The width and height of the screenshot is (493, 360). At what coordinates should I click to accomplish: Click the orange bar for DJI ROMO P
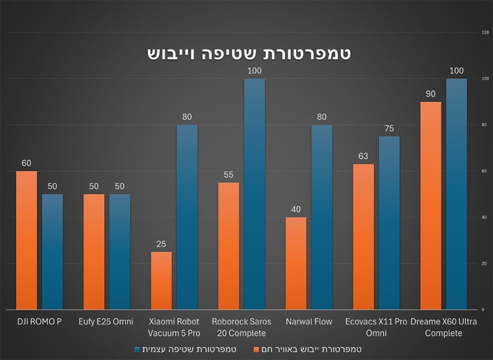(27, 240)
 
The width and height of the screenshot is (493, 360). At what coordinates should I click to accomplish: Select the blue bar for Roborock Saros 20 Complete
(254, 194)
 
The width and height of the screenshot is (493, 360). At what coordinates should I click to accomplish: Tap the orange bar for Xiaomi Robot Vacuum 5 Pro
(161, 280)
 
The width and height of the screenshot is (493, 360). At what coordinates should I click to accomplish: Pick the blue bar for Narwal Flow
(321, 217)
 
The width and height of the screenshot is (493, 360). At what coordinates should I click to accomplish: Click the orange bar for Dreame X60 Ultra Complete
(430, 206)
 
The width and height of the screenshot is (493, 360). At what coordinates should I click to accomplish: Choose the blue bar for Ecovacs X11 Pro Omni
(389, 223)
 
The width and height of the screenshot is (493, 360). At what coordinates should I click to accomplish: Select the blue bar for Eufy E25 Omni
(120, 252)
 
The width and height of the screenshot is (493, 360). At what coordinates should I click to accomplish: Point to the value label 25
(161, 244)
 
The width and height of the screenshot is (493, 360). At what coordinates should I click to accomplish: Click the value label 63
(362, 156)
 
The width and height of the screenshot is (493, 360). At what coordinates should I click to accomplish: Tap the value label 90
(430, 93)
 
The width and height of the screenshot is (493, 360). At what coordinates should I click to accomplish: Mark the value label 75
(389, 129)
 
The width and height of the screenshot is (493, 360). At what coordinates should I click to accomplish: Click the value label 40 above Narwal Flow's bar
(296, 210)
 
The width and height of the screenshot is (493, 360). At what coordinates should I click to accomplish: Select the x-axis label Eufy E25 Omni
(107, 322)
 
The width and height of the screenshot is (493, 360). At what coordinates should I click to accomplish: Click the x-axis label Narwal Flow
(308, 322)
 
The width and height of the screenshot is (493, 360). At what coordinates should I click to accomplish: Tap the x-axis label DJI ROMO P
(40, 322)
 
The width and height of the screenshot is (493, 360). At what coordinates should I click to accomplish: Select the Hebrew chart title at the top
(248, 53)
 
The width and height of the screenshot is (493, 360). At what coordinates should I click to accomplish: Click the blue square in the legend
(138, 349)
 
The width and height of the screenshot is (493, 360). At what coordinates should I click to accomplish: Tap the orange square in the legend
(256, 349)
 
